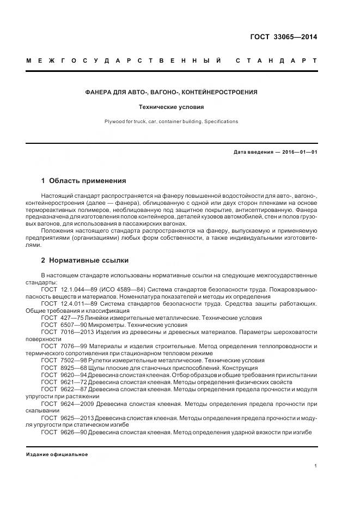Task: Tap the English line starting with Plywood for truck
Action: coord(172,122)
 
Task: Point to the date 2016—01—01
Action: coord(299,152)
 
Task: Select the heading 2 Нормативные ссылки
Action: coord(86,260)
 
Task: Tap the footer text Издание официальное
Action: coord(57,454)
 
